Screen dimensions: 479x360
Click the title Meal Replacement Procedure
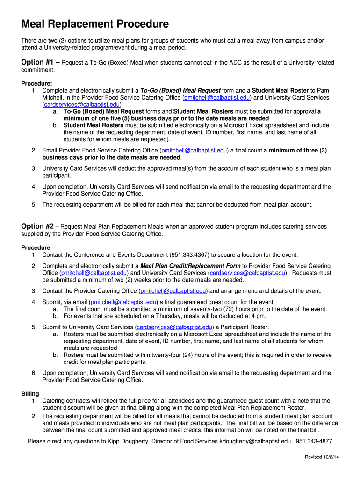[x=95, y=24]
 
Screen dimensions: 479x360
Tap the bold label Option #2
[x=38, y=226]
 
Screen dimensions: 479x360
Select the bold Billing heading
[x=30, y=394]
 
